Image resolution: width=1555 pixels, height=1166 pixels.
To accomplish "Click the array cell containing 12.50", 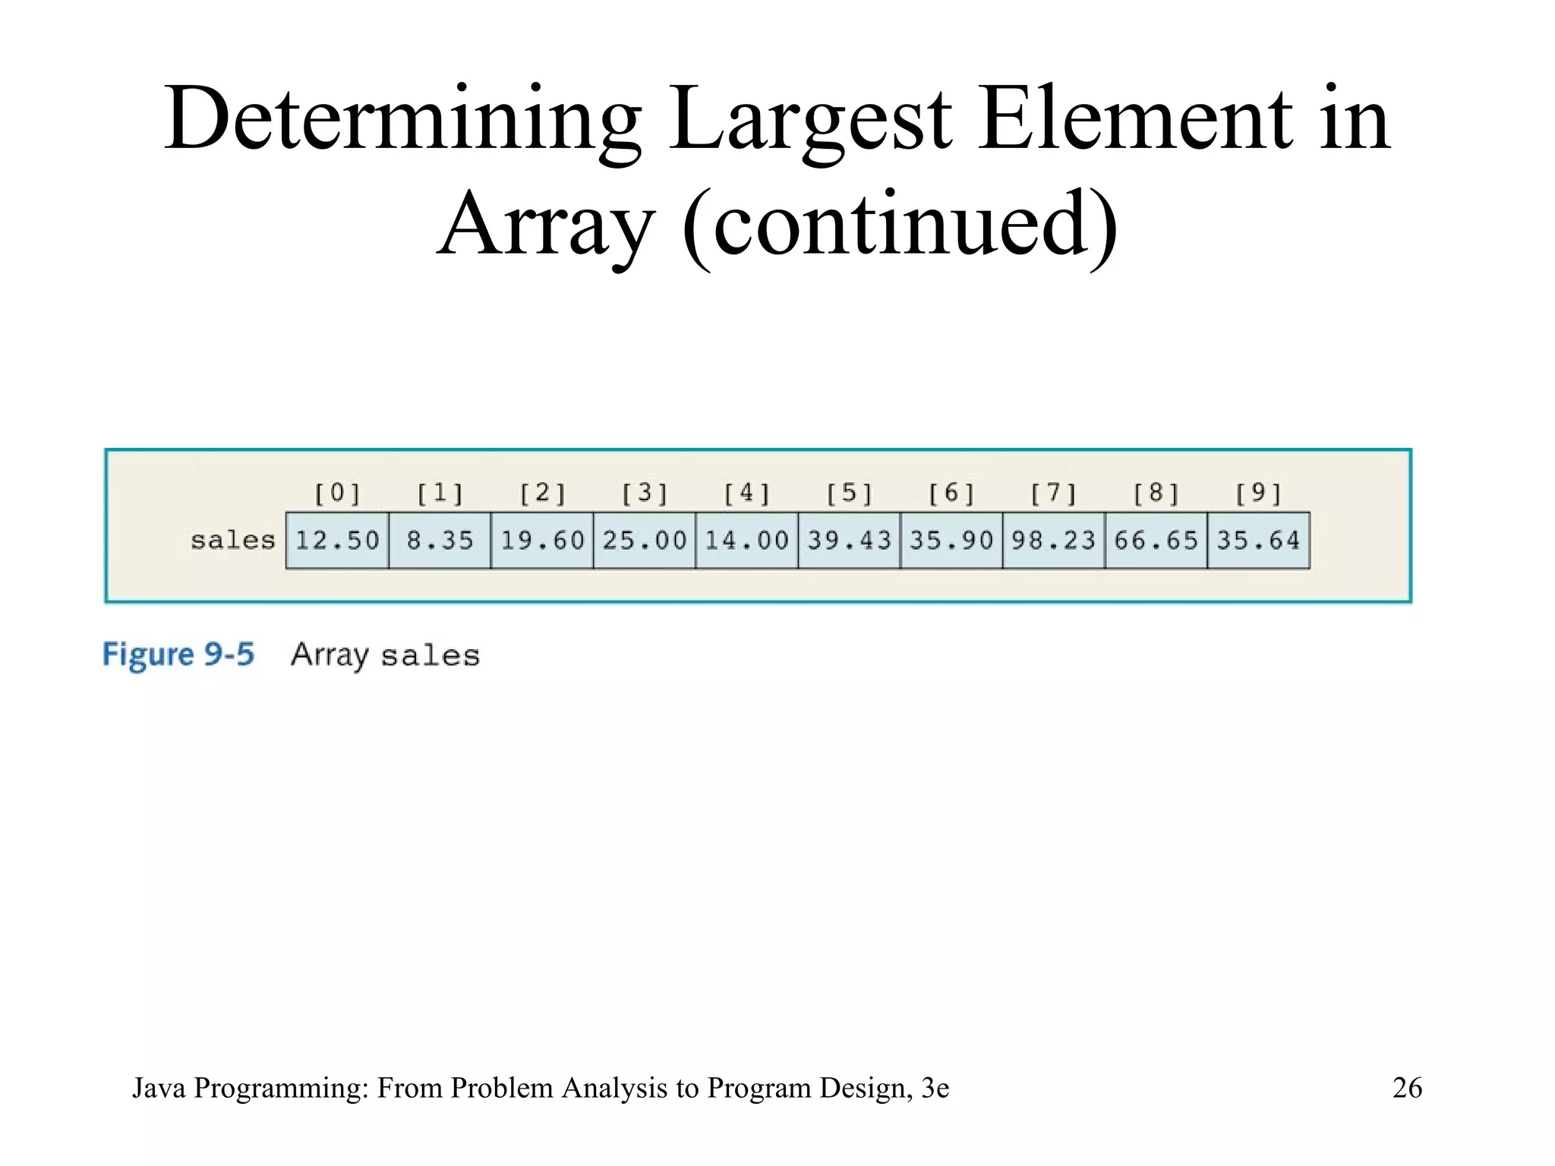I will point(337,540).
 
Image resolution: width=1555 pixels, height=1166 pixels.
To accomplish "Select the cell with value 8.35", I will point(440,540).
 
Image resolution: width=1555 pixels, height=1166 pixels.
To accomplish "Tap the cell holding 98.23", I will point(1054,540).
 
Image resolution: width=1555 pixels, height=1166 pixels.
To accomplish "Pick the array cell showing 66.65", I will point(1156,540).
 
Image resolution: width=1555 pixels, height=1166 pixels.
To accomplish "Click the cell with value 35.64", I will point(1259,540).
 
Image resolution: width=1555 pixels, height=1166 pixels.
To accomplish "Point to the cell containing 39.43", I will point(849,540).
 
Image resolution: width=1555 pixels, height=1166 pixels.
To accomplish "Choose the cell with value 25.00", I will point(645,540).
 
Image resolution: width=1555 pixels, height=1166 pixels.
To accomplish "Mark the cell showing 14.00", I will point(747,540).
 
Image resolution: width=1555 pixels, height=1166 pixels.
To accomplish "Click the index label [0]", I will point(337,493).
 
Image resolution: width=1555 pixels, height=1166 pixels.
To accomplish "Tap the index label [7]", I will point(1054,493).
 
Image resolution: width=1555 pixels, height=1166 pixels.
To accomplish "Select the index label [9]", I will point(1259,493).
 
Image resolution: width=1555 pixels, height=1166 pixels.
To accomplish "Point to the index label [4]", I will point(747,493).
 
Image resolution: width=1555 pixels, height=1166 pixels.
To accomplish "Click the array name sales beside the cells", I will point(232,540).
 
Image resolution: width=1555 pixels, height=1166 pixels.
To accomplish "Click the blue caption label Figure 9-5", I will point(178,654).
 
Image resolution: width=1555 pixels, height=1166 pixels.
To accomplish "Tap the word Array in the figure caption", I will point(330,654).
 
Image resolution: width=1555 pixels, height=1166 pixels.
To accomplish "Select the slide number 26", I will point(1407,1088).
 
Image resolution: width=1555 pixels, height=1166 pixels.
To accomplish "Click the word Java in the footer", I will point(159,1088).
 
